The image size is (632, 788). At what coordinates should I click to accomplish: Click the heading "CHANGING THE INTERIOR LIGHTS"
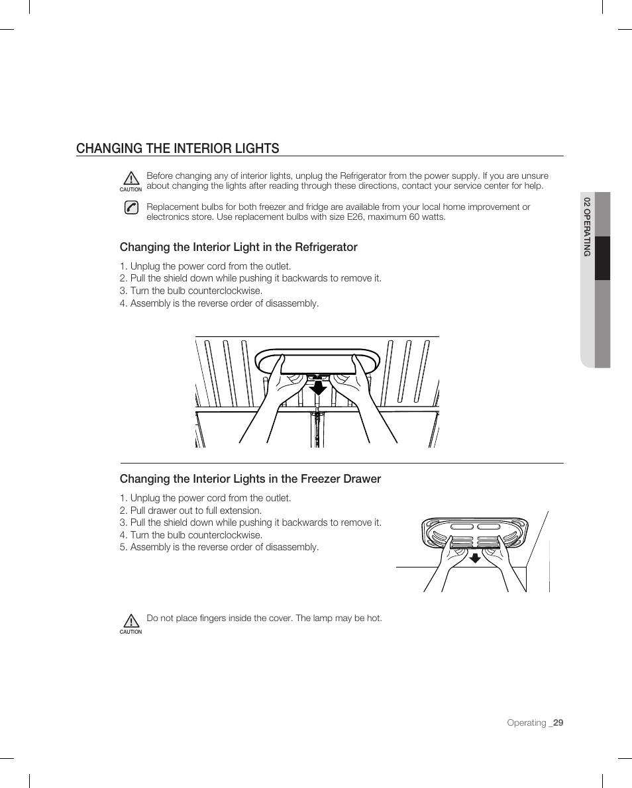[178, 148]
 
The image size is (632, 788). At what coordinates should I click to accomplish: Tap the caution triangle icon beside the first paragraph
[131, 179]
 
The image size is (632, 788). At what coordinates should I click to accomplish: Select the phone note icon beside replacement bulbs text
[131, 207]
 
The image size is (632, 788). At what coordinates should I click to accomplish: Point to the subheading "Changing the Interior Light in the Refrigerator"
[238, 247]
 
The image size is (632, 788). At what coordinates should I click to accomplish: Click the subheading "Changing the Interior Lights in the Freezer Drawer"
[250, 479]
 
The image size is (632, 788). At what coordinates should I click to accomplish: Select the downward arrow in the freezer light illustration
[474, 557]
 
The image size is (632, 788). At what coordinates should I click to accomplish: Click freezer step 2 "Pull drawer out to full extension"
[191, 511]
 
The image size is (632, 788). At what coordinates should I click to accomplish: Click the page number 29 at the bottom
[558, 723]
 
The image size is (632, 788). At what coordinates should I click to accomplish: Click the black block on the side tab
[602, 258]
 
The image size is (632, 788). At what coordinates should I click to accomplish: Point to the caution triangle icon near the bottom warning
[131, 621]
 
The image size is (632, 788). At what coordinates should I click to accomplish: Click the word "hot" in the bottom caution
[374, 618]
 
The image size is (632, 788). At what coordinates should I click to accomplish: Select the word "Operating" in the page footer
[527, 723]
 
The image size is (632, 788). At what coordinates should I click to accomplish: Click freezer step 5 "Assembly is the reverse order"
[219, 547]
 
